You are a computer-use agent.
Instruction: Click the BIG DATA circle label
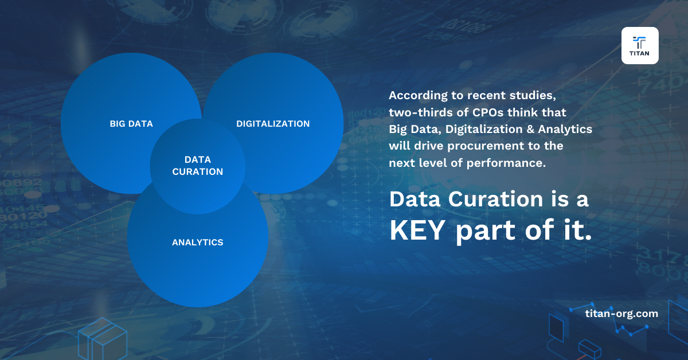pyautogui.click(x=131, y=124)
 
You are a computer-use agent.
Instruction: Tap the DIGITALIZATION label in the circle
pyautogui.click(x=273, y=124)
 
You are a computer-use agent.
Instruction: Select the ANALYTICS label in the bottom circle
pyautogui.click(x=197, y=242)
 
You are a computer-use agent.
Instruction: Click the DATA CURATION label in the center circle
pyautogui.click(x=197, y=166)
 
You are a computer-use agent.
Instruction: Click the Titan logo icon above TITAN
pyautogui.click(x=639, y=42)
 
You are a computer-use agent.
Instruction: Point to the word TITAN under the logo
pyautogui.click(x=639, y=56)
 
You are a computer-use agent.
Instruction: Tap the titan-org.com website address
pyautogui.click(x=621, y=314)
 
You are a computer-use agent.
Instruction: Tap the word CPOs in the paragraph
pyautogui.click(x=495, y=111)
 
